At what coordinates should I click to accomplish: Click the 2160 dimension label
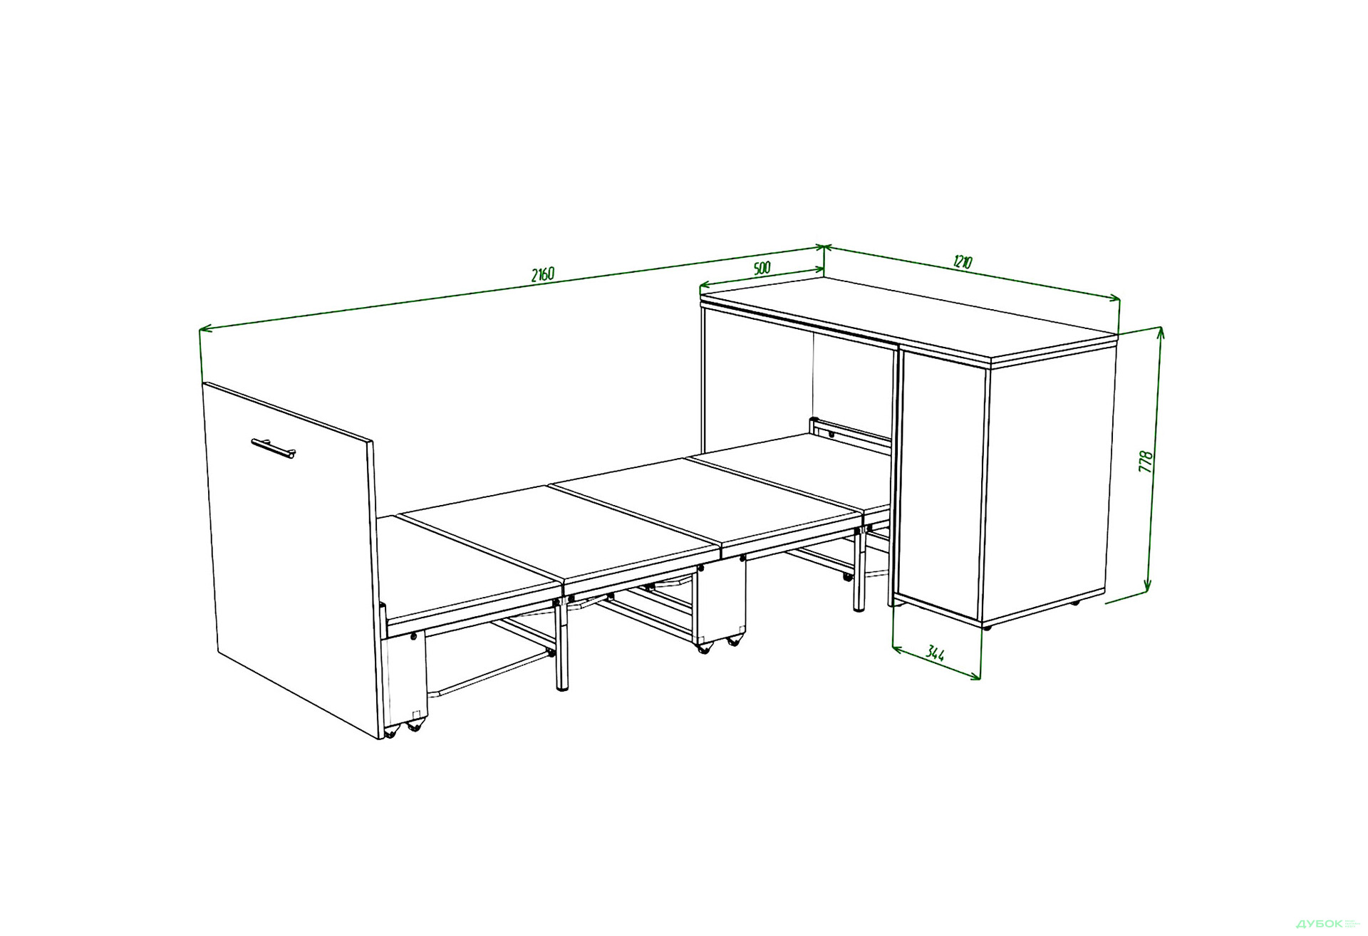[x=542, y=274]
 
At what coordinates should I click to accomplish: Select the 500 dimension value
[x=762, y=269]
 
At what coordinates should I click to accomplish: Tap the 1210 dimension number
[x=962, y=262]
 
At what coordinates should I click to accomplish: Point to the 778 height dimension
[x=1146, y=462]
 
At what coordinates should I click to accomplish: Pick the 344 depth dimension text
[x=936, y=653]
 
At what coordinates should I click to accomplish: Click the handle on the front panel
[x=273, y=449]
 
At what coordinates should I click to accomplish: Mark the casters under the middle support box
[x=718, y=644]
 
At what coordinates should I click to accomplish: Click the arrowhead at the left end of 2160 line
[x=205, y=329]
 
